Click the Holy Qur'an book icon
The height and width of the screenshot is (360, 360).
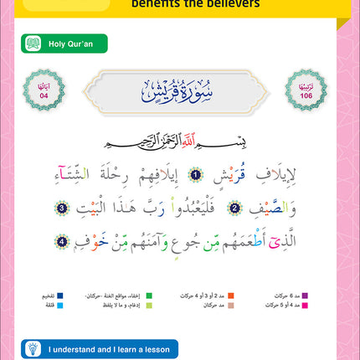click(x=33, y=43)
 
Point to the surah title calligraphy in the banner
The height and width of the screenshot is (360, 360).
click(x=180, y=87)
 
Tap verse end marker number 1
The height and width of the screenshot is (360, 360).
click(x=195, y=175)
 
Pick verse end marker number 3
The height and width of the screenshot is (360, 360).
click(x=318, y=208)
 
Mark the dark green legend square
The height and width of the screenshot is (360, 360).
click(x=148, y=296)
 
